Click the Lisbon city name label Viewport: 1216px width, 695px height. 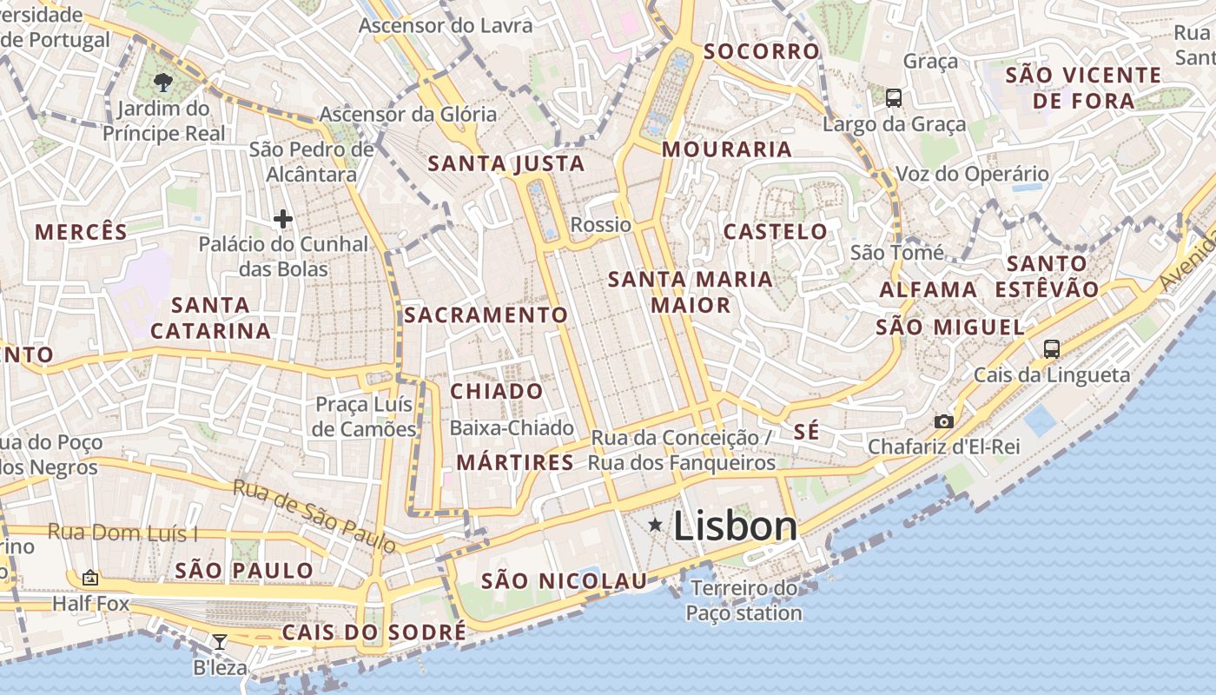pyautogui.click(x=735, y=526)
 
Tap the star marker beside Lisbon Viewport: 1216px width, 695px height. pyautogui.click(x=655, y=524)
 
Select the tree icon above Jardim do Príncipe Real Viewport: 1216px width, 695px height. pyautogui.click(x=162, y=83)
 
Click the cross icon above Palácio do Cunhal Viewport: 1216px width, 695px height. pyautogui.click(x=282, y=219)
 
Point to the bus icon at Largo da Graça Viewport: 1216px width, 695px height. pyautogui.click(x=894, y=98)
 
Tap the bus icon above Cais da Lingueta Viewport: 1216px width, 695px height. pyautogui.click(x=1052, y=349)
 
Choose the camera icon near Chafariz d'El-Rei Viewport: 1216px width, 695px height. pyautogui.click(x=943, y=421)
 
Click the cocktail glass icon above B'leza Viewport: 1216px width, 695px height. pyautogui.click(x=220, y=642)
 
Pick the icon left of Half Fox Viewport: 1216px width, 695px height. pyautogui.click(x=90, y=578)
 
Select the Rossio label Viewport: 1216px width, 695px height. pyautogui.click(x=601, y=225)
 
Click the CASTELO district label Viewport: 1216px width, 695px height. pyautogui.click(x=776, y=232)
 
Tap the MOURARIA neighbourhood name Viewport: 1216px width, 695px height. pyautogui.click(x=727, y=149)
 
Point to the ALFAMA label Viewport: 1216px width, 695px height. pyautogui.click(x=928, y=289)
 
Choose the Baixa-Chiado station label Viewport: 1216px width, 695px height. pyautogui.click(x=512, y=427)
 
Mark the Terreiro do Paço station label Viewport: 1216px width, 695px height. pyautogui.click(x=743, y=600)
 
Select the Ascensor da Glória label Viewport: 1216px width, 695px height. pyautogui.click(x=408, y=114)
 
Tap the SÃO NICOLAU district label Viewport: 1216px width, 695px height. pyautogui.click(x=565, y=581)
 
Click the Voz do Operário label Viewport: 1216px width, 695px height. pyautogui.click(x=972, y=174)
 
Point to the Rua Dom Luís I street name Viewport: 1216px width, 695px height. pyautogui.click(x=122, y=533)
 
